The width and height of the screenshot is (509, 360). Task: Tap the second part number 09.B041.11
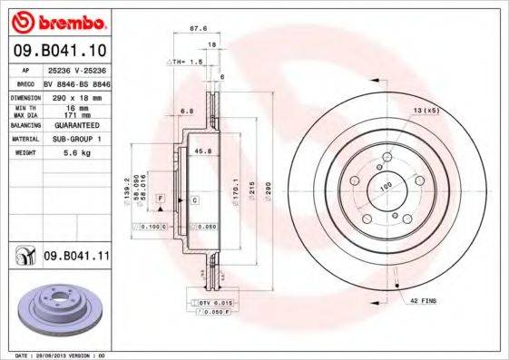[x=77, y=258]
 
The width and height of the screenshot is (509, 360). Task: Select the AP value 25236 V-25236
[x=75, y=69]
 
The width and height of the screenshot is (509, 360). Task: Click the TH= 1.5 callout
[x=185, y=61]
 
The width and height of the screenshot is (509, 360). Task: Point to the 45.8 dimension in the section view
[x=203, y=151]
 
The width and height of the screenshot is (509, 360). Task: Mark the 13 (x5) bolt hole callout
[x=426, y=111]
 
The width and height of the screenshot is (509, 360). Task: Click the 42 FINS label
[x=424, y=299]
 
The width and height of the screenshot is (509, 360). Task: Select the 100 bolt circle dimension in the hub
[x=385, y=187]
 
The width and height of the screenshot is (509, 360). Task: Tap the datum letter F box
[x=161, y=198]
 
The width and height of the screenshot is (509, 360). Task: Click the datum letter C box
[x=194, y=198]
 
